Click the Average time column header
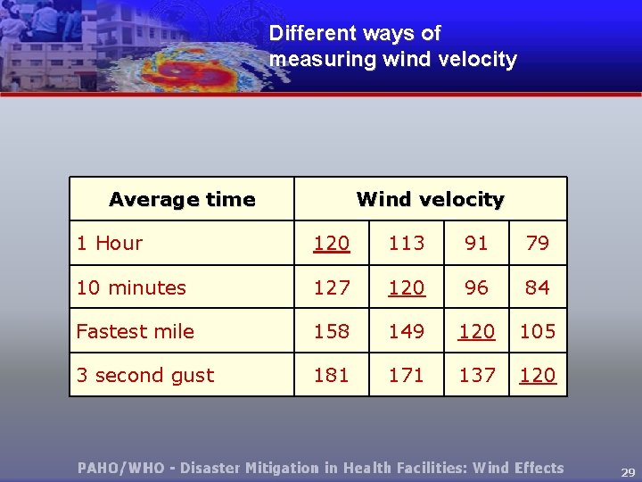pos(182,199)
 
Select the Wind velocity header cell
pos(430,199)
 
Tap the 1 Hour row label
pos(110,243)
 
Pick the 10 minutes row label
pos(131,287)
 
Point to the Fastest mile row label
pos(135,331)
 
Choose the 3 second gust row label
pos(145,375)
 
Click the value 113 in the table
pos(407,243)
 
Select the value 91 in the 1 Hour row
pos(477,243)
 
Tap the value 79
pos(538,243)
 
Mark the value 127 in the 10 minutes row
pos(332,287)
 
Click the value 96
pos(477,287)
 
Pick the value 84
pos(538,287)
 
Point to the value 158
pos(332,331)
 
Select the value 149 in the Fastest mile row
pos(407,331)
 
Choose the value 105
pos(538,331)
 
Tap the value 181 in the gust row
pos(332,375)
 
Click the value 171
pos(407,375)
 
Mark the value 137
pos(477,375)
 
